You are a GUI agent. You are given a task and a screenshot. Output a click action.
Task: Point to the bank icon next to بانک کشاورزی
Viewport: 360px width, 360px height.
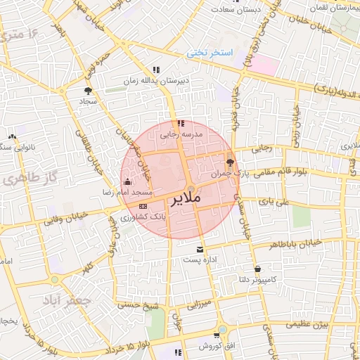pyautogui.click(x=143, y=206)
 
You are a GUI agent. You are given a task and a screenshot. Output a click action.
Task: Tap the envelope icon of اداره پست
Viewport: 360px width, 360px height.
pyautogui.click(x=200, y=250)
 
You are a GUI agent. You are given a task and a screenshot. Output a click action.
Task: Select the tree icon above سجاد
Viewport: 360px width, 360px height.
pyautogui.click(x=88, y=91)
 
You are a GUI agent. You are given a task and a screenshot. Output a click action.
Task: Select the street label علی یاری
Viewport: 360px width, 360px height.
pyautogui.click(x=274, y=202)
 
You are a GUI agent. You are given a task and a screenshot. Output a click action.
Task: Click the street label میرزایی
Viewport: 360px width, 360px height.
pyautogui.click(x=198, y=305)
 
